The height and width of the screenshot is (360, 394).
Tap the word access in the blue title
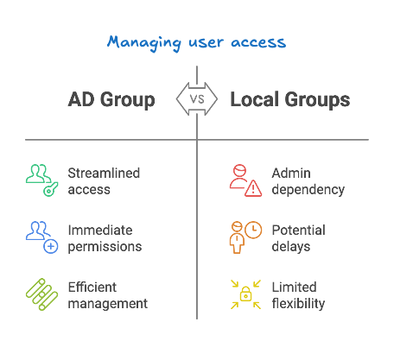click(x=258, y=43)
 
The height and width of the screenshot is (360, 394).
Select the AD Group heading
click(x=111, y=100)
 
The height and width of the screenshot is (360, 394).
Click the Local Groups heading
click(x=290, y=100)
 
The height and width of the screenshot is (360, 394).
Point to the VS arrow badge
click(x=197, y=99)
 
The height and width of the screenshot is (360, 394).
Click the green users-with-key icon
click(x=42, y=180)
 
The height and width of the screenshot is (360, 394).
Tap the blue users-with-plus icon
click(x=42, y=237)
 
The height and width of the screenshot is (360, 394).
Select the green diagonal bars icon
click(x=42, y=294)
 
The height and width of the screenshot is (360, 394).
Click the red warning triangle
click(x=253, y=188)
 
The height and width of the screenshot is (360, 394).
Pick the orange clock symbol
click(x=253, y=230)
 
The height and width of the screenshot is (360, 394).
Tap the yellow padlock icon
click(x=245, y=294)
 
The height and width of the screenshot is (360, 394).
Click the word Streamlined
click(x=104, y=174)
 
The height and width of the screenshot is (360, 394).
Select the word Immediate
click(x=100, y=231)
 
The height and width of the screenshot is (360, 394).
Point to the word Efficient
click(x=92, y=287)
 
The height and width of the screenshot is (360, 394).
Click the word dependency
click(x=308, y=190)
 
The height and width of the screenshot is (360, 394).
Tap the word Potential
click(x=299, y=231)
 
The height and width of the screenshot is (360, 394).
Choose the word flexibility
click(x=298, y=304)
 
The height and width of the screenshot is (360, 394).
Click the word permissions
click(x=105, y=247)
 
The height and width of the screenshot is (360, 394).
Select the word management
click(x=108, y=304)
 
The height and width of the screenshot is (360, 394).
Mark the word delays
click(x=291, y=247)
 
